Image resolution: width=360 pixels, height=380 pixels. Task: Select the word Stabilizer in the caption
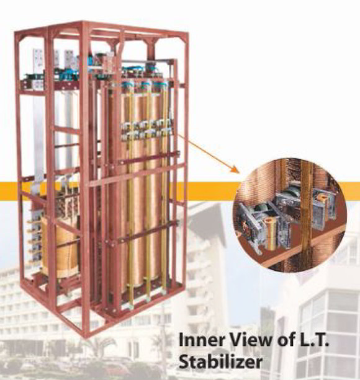coord(220,361)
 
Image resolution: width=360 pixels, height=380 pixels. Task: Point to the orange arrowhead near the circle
coord(235,169)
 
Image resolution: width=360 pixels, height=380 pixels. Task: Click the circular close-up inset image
coord(290,215)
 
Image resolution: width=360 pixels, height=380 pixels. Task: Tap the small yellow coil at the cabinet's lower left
coord(60,247)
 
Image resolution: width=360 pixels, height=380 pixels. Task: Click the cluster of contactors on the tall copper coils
coord(146,130)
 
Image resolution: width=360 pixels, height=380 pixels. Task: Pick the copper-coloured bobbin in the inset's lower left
coord(271,233)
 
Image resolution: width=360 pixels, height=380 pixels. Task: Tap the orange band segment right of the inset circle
coord(352,192)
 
